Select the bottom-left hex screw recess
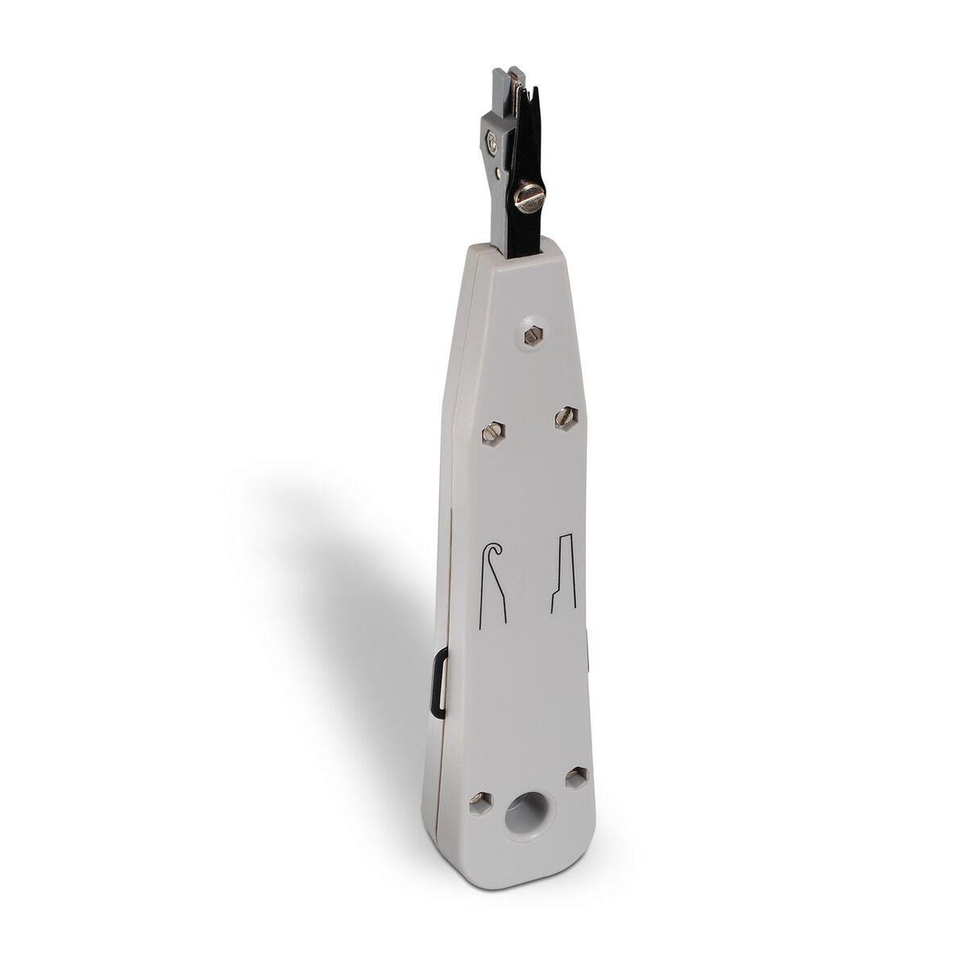click(x=480, y=822)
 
